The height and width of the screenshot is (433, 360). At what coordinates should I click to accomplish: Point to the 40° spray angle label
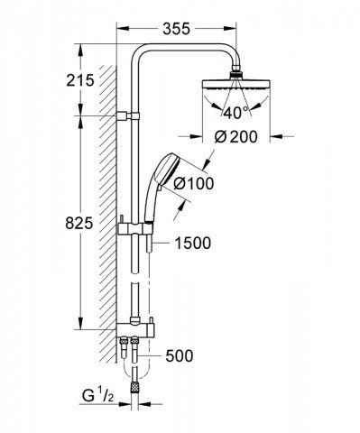pos(236,113)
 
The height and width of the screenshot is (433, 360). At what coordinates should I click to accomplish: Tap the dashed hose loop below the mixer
pos(135,365)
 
